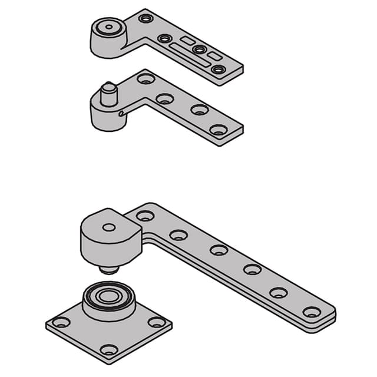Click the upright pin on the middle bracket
[x=107, y=92]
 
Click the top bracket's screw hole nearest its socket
[x=145, y=19]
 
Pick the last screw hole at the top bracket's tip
[x=219, y=70]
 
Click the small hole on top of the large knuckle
[x=109, y=227]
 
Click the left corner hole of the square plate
[x=61, y=323]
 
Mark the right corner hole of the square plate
[x=156, y=322]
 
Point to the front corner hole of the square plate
[x=108, y=350]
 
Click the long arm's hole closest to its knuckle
[x=144, y=216]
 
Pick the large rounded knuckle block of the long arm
[x=109, y=239]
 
